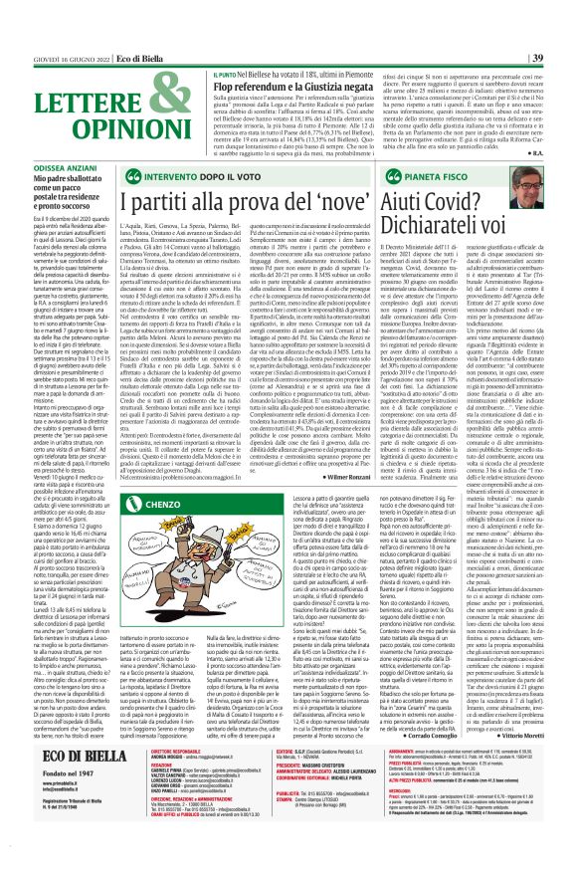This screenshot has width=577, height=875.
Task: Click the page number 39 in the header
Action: pos(565,58)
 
